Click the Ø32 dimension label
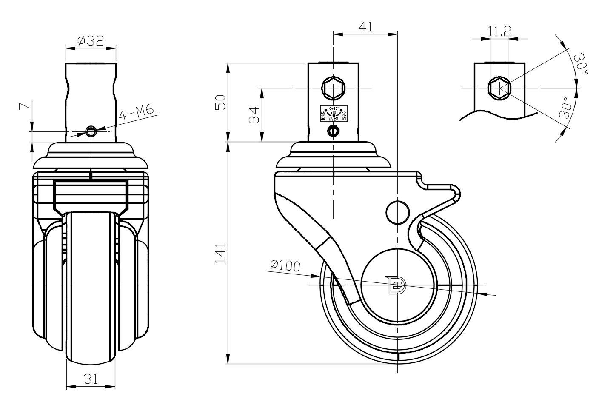click(91, 41)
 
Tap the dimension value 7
click(25, 105)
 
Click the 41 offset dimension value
click(365, 27)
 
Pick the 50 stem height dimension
click(220, 102)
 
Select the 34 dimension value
click(254, 115)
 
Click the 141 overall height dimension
click(220, 253)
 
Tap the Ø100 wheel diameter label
click(285, 265)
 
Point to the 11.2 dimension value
click(499, 31)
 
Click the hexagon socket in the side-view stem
click(333, 88)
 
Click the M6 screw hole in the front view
click(91, 131)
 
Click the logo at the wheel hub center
click(397, 285)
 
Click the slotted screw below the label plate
click(333, 131)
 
